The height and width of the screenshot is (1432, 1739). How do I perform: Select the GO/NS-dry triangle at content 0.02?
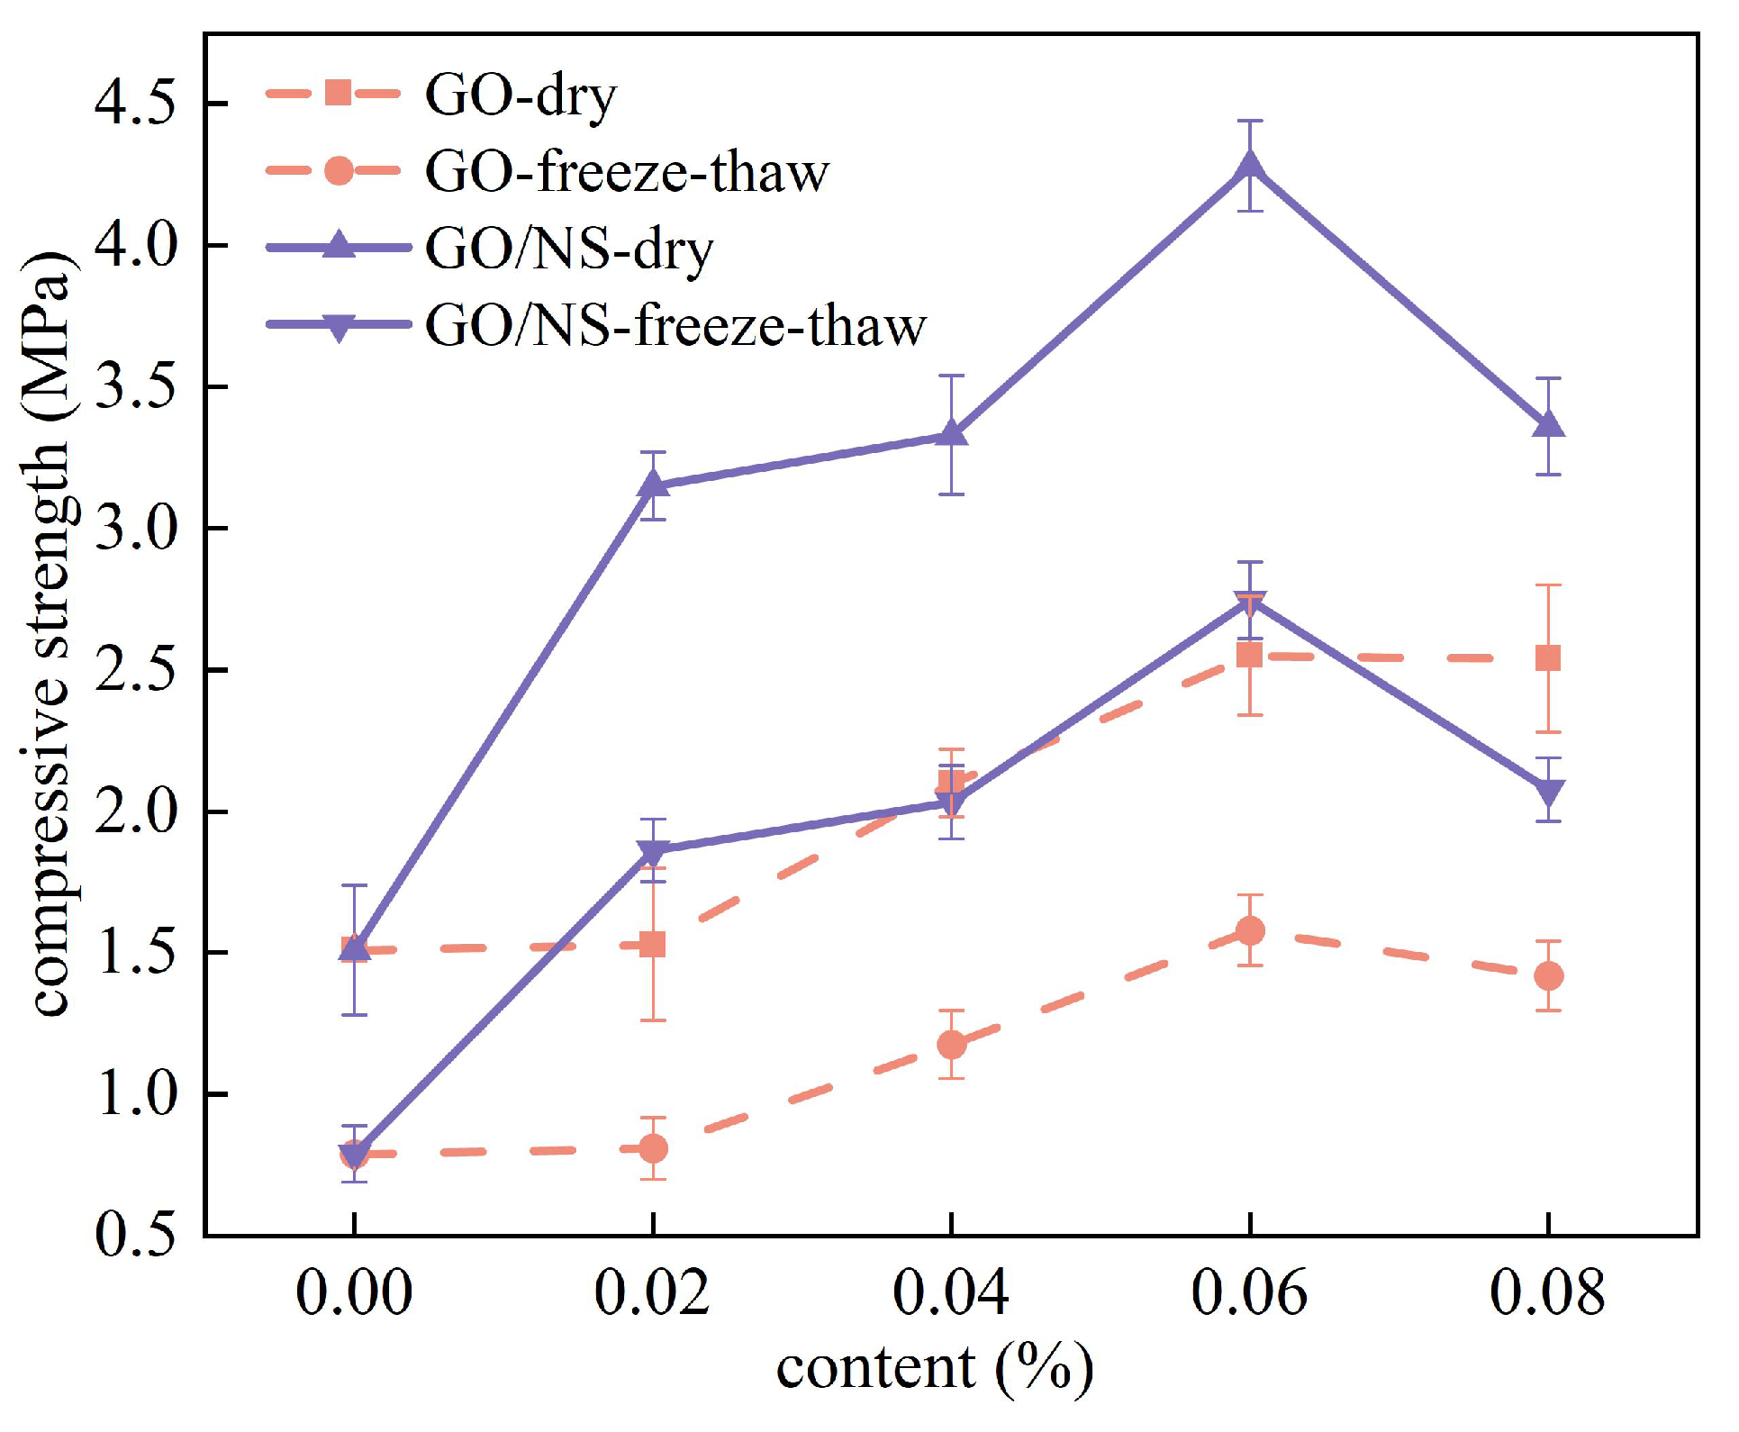[x=653, y=485]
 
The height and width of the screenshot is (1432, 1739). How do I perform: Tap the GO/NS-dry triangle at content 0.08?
[x=1547, y=424]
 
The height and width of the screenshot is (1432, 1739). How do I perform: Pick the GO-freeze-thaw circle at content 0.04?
[x=951, y=1045]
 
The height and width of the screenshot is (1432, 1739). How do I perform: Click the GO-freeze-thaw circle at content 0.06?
[x=1249, y=930]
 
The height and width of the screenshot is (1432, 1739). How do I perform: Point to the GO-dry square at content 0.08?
[x=1547, y=658]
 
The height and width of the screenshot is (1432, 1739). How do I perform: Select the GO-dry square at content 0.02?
[x=653, y=945]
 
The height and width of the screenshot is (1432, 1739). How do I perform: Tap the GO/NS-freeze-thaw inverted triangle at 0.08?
[x=1547, y=793]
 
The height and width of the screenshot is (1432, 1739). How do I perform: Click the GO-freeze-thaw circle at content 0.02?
[x=653, y=1148]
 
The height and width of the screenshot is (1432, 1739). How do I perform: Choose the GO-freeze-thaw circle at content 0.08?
[x=1547, y=975]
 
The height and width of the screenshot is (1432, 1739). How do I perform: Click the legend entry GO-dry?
[x=521, y=95]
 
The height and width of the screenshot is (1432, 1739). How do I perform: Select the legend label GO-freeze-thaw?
[x=626, y=171]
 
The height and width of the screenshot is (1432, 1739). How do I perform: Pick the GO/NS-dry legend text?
[x=569, y=249]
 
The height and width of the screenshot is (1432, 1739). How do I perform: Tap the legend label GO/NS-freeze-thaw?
[x=675, y=326]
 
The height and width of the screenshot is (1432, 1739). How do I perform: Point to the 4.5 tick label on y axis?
[x=136, y=104]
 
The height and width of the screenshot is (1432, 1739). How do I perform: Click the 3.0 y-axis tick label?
[x=136, y=529]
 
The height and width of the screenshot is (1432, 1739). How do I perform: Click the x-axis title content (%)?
[x=935, y=1369]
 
